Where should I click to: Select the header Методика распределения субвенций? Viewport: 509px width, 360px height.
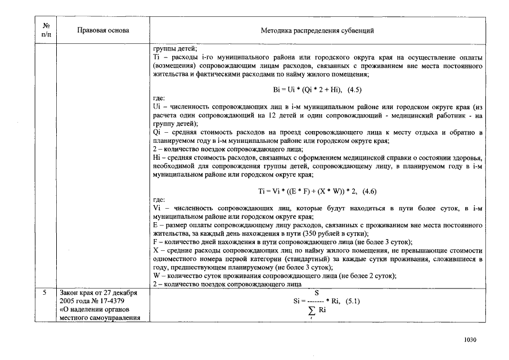pyautogui.click(x=317, y=30)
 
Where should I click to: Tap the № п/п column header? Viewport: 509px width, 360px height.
pyautogui.click(x=46, y=30)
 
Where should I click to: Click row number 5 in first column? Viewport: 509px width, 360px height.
pyautogui.click(x=46, y=292)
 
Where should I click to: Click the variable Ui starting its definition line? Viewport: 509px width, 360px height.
pyautogui.click(x=157, y=107)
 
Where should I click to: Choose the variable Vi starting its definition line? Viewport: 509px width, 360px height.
pyautogui.click(x=157, y=208)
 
